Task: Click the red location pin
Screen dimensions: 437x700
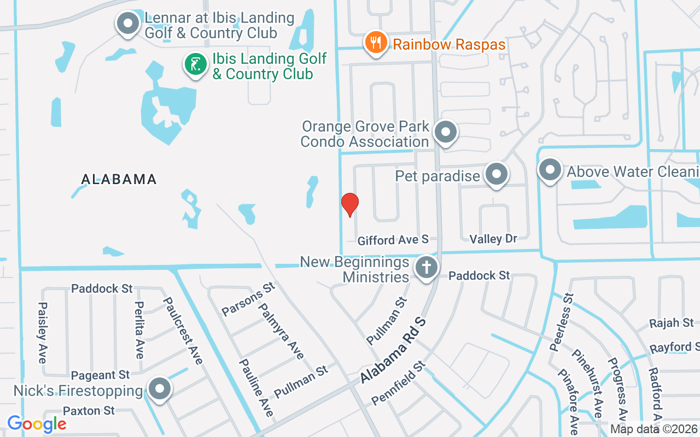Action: point(349,204)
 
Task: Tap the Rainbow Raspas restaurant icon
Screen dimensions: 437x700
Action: point(376,43)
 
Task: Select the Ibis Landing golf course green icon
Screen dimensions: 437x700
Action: point(195,64)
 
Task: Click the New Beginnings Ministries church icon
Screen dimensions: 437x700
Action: point(427,268)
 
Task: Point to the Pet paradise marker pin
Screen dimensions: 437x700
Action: point(497,174)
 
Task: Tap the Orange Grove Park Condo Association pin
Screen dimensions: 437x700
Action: point(446,132)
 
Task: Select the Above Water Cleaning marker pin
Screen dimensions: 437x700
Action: point(550,170)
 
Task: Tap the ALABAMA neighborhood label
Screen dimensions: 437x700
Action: point(119,179)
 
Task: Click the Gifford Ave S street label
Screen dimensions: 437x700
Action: point(393,240)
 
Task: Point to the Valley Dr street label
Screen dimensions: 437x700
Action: point(493,239)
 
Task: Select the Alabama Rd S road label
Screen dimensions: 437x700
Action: point(393,350)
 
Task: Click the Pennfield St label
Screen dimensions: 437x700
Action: point(398,382)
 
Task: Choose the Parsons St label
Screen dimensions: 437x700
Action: point(248,299)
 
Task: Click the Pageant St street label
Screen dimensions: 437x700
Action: point(101,375)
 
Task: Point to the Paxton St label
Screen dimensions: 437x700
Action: point(89,410)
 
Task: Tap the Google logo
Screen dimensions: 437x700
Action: point(37,423)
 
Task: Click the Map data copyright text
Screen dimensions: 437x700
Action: point(654,429)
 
